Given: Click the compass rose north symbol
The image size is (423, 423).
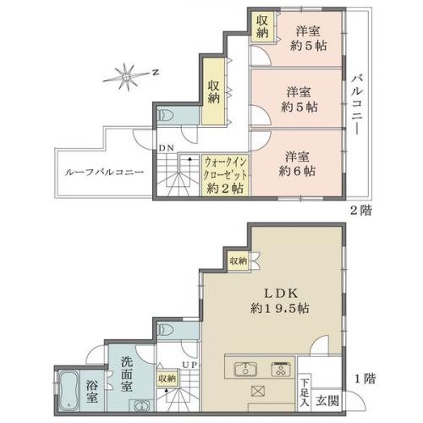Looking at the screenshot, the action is point(127,76).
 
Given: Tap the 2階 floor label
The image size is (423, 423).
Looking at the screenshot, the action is point(361,210).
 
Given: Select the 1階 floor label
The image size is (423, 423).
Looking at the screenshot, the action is point(365,379).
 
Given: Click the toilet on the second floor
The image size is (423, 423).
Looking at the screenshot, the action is point(167,116).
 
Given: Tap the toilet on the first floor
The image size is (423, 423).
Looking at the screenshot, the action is point(167,330).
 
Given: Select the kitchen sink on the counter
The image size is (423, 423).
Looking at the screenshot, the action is point(245,369).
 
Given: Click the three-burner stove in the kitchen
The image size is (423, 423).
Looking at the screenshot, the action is point(281,369).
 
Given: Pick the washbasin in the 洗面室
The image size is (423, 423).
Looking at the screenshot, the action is point(141,406).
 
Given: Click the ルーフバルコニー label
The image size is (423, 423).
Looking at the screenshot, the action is point(104,173).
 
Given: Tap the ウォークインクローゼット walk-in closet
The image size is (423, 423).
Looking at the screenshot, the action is point(225,175).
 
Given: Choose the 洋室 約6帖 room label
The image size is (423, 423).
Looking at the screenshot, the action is point(297,164).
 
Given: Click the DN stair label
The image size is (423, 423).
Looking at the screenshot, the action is point(167,148).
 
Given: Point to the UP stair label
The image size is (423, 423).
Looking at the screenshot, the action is point(190,365).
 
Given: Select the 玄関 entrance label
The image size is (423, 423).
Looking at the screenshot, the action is point(327,400).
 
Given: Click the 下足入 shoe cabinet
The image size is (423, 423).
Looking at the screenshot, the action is point(305,392).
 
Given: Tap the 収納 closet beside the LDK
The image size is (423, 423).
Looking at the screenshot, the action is point(239,261).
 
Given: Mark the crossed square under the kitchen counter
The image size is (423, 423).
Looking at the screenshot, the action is point(258,392).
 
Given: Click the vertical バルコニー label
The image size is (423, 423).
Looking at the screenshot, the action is point(357,104).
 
